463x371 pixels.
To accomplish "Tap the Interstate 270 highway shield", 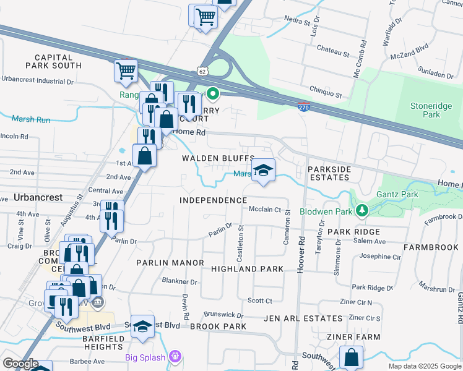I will pos(303,107).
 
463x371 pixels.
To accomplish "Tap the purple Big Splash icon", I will pos(176,357).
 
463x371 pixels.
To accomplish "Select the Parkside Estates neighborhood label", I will pos(330,173).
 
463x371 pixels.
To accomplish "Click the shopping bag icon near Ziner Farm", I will pos(351,357).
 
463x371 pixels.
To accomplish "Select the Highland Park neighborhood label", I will pos(247,269).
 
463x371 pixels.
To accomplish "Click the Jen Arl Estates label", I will pos(303,318).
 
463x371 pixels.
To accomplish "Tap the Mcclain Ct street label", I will pos(265,210).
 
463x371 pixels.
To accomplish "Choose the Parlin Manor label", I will pos(170,263).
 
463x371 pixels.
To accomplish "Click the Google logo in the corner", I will pos(20,364).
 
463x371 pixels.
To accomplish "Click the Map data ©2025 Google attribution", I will pos(424,366).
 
